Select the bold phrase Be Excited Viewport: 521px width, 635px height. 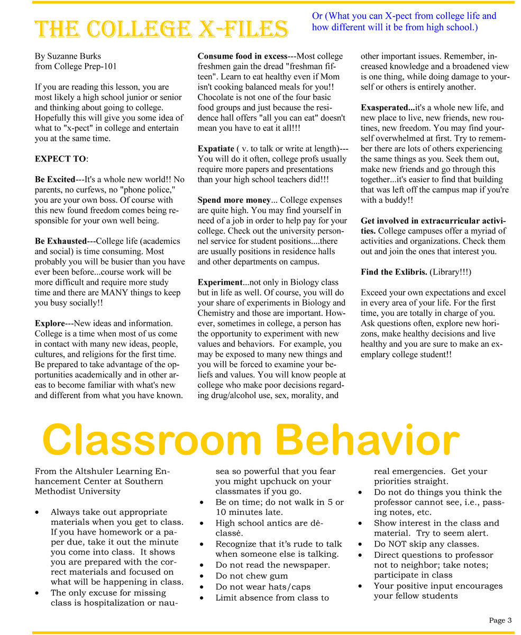(x=54, y=179)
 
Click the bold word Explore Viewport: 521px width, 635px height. (x=49, y=323)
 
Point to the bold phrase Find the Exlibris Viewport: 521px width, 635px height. (x=394, y=272)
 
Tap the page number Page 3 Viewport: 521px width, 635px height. (x=500, y=620)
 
